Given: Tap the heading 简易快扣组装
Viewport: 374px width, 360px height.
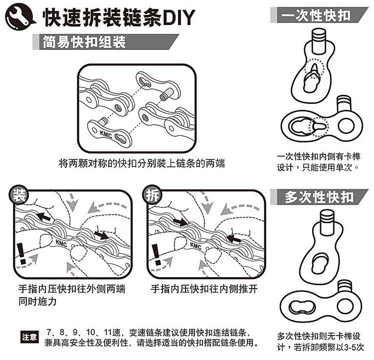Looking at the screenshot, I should pos(84,42).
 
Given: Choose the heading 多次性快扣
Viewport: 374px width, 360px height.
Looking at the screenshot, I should pos(319,196).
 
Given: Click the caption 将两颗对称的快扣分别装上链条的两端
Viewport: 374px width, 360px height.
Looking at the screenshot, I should pos(142,163).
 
